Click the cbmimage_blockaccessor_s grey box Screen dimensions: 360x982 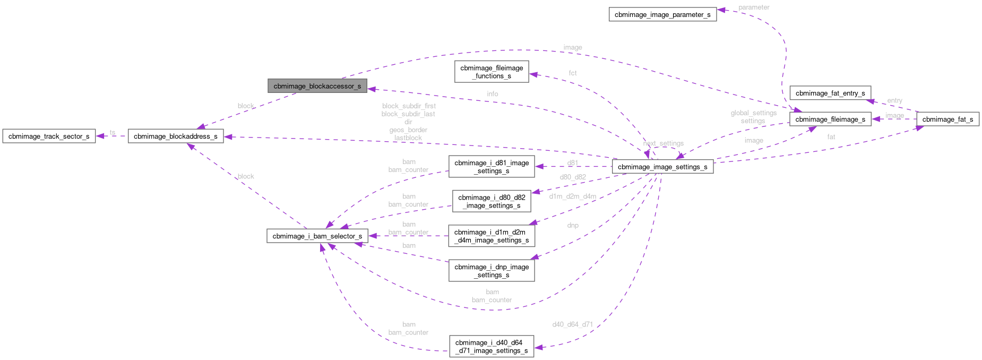tap(317, 86)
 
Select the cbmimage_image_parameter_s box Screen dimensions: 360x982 tap(662, 15)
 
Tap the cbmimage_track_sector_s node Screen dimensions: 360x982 tap(49, 136)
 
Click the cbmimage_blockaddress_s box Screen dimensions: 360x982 tap(176, 136)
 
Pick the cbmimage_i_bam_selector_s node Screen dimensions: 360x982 tap(317, 236)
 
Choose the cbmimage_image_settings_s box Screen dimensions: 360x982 tap(662, 167)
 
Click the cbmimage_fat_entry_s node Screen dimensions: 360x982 tap(830, 93)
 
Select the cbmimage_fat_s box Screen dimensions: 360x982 tap(947, 119)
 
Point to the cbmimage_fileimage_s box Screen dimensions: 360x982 tap(830, 119)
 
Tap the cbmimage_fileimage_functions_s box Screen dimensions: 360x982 tap(492, 72)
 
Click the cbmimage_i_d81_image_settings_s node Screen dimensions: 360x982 tap(492, 167)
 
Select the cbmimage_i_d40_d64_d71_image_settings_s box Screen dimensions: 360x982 tap(492, 347)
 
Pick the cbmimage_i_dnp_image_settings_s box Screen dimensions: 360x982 tap(492, 271)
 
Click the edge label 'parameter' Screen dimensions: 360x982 tap(754, 7)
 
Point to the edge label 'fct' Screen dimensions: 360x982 tap(573, 73)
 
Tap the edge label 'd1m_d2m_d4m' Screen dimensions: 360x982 tap(573, 196)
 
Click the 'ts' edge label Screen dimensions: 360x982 tap(113, 132)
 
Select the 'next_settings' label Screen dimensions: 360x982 tap(664, 143)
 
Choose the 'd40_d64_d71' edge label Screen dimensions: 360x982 tap(573, 324)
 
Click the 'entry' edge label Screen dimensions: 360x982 tap(894, 100)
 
